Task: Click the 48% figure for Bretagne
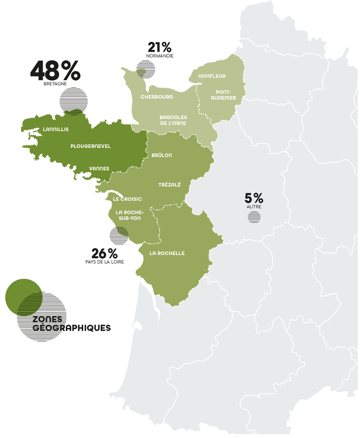[55, 71]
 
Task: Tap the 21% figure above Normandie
[159, 47]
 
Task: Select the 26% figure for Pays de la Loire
[104, 254]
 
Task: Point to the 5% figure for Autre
[254, 198]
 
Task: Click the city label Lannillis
[55, 129]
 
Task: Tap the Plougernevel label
[90, 146]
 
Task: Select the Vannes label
[99, 169]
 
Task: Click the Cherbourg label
[157, 97]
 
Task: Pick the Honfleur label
[212, 76]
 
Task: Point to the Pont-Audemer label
[223, 95]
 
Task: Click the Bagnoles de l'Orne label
[173, 120]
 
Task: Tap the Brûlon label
[162, 155]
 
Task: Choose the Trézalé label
[170, 185]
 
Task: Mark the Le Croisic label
[127, 199]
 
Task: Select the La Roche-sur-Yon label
[130, 215]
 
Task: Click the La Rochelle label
[167, 253]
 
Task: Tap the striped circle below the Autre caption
[254, 217]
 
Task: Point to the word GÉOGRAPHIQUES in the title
[72, 328]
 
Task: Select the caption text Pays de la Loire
[104, 262]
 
